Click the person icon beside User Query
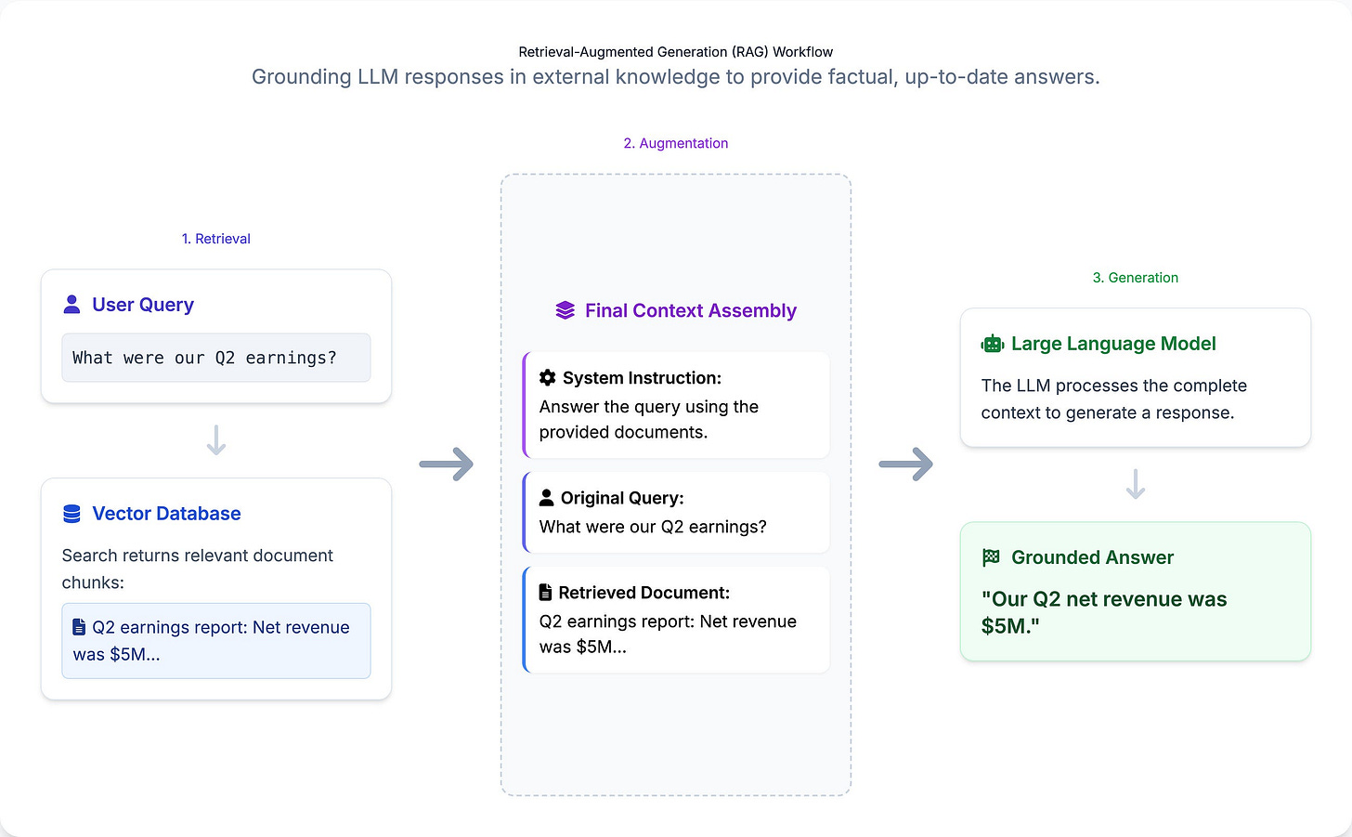[71, 304]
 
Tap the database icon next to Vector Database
[71, 514]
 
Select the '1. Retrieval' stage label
[215, 239]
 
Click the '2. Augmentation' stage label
[675, 143]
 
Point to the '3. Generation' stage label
[1135, 278]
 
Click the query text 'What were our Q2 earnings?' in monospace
[204, 358]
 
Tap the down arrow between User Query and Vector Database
[215, 440]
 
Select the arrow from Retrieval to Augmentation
[446, 464]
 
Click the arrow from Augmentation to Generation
[905, 464]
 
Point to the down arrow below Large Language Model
[1135, 484]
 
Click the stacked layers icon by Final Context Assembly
[565, 310]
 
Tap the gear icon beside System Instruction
[548, 377]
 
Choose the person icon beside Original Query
[547, 497]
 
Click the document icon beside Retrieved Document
[546, 592]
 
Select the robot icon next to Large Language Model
[992, 344]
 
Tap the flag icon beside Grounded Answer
[991, 557]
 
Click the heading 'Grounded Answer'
[1092, 557]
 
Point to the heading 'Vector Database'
[166, 514]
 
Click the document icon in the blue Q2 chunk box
[79, 627]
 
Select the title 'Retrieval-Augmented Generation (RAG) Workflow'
[675, 52]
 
